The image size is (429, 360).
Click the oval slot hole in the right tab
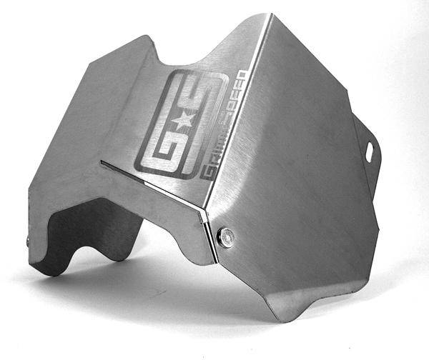(370, 151)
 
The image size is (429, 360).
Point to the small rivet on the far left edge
(29, 241)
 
